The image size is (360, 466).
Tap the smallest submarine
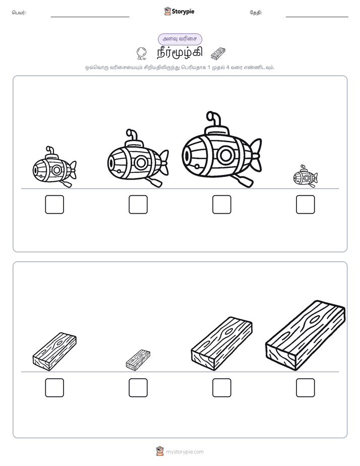click(x=305, y=177)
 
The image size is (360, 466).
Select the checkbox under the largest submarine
click(x=221, y=204)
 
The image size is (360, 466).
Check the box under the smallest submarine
click(x=306, y=204)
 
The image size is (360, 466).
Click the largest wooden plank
click(x=306, y=335)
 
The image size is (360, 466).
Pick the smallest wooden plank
click(x=138, y=360)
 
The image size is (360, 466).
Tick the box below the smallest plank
click(x=138, y=387)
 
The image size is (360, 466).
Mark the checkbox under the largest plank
click(x=306, y=387)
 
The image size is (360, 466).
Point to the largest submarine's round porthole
click(x=226, y=155)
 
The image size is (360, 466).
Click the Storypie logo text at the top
click(x=183, y=12)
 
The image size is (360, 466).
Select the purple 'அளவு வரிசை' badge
click(x=180, y=39)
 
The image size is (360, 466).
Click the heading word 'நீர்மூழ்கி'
click(x=180, y=52)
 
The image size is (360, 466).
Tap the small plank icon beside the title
click(x=218, y=53)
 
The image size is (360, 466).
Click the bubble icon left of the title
click(x=142, y=53)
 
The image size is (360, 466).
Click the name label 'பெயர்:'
click(x=19, y=13)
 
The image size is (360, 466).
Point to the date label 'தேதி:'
click(x=256, y=13)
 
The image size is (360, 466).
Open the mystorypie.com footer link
click(x=185, y=452)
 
